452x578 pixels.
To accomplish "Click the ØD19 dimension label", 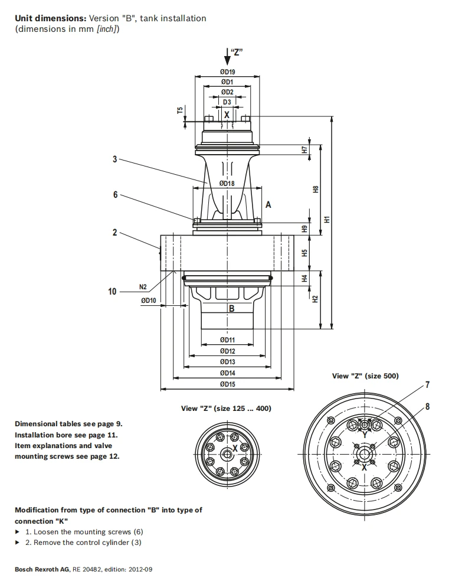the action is point(227,72).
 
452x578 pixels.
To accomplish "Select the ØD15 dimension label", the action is point(227,384).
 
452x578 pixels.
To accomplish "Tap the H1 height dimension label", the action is point(327,219).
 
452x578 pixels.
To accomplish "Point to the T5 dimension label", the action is point(180,110).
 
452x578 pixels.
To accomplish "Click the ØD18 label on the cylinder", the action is point(227,183).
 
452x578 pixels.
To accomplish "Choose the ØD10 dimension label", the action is point(149,301).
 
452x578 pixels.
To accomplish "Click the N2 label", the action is point(143,287).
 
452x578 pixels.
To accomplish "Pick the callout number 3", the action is point(115,159).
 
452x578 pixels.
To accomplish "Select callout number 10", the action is point(112,292).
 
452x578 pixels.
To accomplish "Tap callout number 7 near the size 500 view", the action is point(427,385).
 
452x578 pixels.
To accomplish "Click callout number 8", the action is point(427,406).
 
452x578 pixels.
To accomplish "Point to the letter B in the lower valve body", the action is point(232,309).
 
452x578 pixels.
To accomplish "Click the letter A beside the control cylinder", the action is point(268,205).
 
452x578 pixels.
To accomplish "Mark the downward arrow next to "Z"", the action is point(227,57).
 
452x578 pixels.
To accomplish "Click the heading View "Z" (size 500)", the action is point(365,376).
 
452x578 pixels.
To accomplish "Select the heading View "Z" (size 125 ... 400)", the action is point(226,409).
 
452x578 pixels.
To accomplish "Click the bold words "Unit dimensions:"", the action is point(51,18).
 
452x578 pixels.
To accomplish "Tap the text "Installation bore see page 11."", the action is point(66,435).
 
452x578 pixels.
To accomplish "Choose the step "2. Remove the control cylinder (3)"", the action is point(83,543).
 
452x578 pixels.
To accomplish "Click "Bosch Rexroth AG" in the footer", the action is point(42,569).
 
